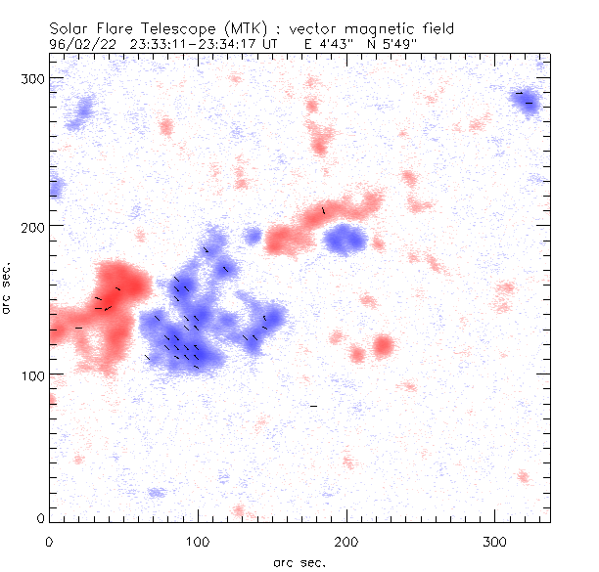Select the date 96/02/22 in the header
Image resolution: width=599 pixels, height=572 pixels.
[x=82, y=43]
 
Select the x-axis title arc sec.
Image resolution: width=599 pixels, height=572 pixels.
[x=299, y=562]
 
